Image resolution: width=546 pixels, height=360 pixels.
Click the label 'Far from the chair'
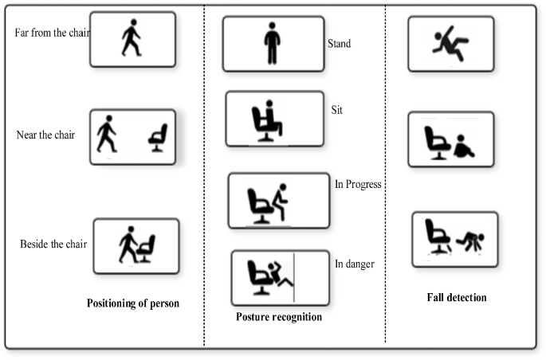pyautogui.click(x=53, y=33)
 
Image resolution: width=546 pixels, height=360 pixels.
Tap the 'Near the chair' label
pyautogui.click(x=45, y=134)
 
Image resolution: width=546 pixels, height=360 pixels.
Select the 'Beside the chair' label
pyautogui.click(x=53, y=244)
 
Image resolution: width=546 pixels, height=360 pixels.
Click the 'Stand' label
pyautogui.click(x=339, y=44)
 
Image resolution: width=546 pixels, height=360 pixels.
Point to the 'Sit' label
pyautogui.click(x=337, y=107)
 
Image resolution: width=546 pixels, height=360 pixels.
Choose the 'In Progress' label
pyautogui.click(x=358, y=185)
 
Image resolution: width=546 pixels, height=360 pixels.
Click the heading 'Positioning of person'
pyautogui.click(x=133, y=303)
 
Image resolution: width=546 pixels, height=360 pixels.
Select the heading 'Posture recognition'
pyautogui.click(x=279, y=317)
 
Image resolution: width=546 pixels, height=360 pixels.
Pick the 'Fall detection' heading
pyautogui.click(x=457, y=298)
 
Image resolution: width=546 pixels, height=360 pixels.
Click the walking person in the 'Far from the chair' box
pyautogui.click(x=131, y=38)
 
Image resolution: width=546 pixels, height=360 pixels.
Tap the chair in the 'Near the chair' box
pyautogui.click(x=159, y=137)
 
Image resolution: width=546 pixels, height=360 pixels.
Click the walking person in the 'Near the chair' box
pyautogui.click(x=106, y=134)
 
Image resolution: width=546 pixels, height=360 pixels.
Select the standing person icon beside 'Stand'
pyautogui.click(x=273, y=44)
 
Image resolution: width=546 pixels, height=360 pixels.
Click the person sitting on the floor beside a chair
pyautogui.click(x=462, y=146)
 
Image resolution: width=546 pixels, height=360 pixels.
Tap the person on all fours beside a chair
pyautogui.click(x=471, y=240)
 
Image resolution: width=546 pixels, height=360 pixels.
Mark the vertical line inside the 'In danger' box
pyautogui.click(x=293, y=278)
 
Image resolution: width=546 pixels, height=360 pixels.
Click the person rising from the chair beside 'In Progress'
pyautogui.click(x=279, y=202)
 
